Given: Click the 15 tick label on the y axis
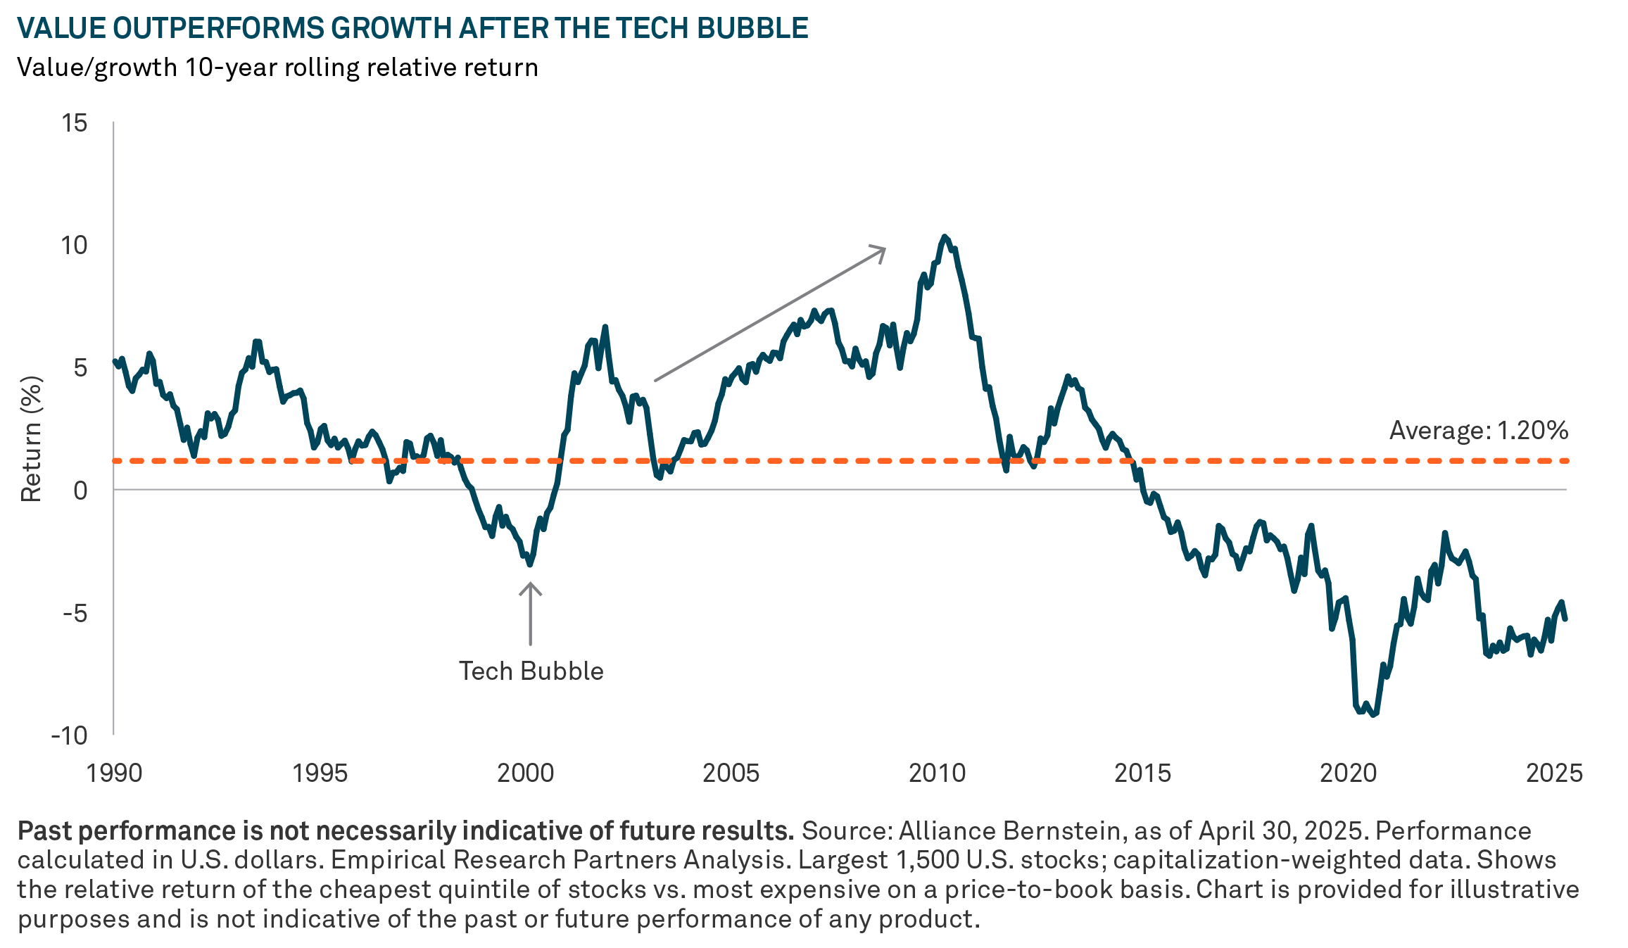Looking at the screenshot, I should [x=75, y=123].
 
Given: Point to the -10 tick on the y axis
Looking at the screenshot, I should [x=69, y=735].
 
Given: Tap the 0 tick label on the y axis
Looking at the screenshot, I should [x=80, y=490].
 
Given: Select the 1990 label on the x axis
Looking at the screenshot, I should [x=114, y=773].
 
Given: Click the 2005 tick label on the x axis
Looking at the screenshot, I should [x=731, y=773].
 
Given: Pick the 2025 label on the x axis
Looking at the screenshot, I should [x=1553, y=773].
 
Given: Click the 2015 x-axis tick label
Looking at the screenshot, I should [x=1142, y=773].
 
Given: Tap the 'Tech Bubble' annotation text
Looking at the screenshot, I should [x=531, y=671].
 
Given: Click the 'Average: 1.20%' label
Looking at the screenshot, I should [x=1478, y=430].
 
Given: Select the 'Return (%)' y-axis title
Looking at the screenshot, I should [x=32, y=439].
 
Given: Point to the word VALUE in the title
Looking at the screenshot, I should [x=61, y=28].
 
